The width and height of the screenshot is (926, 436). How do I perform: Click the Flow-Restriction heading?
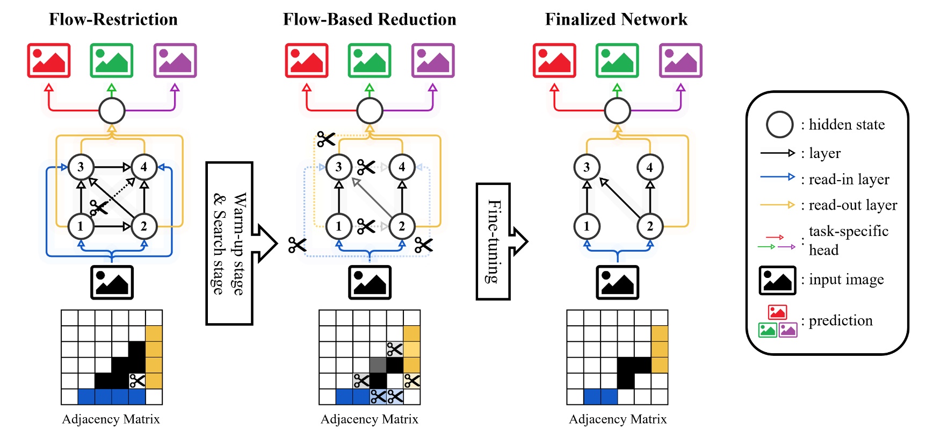click(x=113, y=19)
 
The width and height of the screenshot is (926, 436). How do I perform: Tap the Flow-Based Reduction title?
click(x=370, y=19)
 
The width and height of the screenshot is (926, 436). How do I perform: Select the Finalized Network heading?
click(x=616, y=19)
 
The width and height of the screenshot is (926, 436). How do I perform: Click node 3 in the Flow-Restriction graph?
click(x=81, y=167)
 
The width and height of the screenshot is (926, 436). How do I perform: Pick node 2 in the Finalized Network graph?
click(x=650, y=226)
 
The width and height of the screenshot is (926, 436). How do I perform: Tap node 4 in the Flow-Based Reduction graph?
click(x=402, y=167)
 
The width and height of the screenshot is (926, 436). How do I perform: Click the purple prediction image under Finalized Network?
click(x=681, y=60)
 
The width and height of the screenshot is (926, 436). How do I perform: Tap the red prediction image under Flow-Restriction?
click(x=49, y=60)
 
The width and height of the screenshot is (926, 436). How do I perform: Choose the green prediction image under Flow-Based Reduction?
click(x=370, y=60)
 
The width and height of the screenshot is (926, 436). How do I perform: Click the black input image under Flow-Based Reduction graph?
click(x=370, y=282)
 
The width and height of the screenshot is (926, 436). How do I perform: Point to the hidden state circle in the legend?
click(x=779, y=125)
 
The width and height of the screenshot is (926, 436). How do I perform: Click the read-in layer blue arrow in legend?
click(x=777, y=177)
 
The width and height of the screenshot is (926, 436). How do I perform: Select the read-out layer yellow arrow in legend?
click(x=777, y=205)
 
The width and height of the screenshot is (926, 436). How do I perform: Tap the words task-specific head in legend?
click(x=848, y=240)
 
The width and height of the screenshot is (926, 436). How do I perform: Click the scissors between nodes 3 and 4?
click(x=366, y=167)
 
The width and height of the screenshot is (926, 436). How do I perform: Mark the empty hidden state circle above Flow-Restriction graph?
click(x=112, y=111)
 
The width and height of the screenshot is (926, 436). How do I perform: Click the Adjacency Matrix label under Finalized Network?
click(x=618, y=419)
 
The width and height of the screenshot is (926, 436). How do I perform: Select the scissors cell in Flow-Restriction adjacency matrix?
click(x=137, y=381)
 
